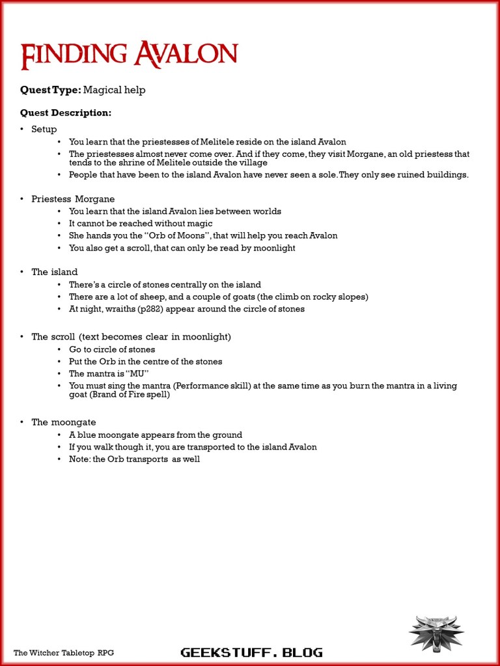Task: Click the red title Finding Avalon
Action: [129, 55]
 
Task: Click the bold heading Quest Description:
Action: [66, 113]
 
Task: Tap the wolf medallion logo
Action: [436, 633]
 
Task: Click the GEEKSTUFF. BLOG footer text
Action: [251, 652]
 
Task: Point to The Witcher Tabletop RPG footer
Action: [64, 652]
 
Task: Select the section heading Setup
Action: [44, 129]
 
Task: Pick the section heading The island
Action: [55, 272]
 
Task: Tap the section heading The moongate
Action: [64, 422]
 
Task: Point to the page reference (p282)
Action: [149, 309]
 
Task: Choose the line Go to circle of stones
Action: [112, 349]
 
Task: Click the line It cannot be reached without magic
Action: [141, 224]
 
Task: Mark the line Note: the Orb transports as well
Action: [134, 459]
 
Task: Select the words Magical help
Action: [115, 90]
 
